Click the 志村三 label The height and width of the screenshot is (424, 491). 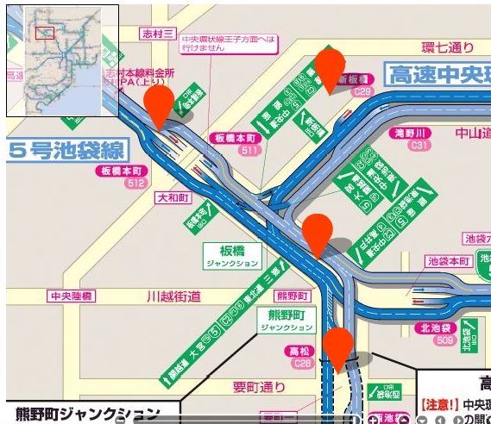tap(158, 34)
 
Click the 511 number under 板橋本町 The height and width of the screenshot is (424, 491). tap(250, 150)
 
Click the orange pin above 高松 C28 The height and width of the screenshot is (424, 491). tap(338, 346)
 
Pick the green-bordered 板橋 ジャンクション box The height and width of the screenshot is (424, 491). tap(232, 255)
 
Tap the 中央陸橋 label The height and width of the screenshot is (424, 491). tap(72, 296)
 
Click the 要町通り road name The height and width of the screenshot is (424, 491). tap(257, 388)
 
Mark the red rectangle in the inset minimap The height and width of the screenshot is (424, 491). tap(45, 33)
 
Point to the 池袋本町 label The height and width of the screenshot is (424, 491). tap(449, 260)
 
